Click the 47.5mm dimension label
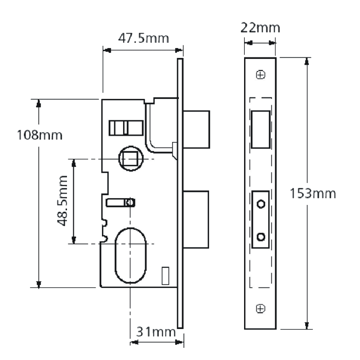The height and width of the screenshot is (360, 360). (144, 39)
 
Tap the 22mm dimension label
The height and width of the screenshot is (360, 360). (260, 28)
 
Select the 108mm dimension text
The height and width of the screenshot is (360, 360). (40, 135)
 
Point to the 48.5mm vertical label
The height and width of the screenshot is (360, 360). (62, 201)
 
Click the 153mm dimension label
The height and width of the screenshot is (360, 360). (313, 193)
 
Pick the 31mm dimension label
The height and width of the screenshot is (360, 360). (156, 332)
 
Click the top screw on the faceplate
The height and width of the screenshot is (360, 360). (261, 75)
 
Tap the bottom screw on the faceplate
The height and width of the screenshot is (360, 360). (261, 309)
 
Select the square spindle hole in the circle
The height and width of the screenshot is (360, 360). (130, 159)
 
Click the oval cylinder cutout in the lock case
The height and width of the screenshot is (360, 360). (130, 256)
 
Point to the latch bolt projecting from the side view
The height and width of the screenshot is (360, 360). (196, 130)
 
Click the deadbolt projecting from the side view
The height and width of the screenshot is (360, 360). (196, 220)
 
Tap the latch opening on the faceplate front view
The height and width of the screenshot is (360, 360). (261, 130)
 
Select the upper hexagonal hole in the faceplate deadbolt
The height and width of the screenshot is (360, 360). (261, 204)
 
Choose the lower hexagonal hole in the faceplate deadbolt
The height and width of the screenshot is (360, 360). (261, 237)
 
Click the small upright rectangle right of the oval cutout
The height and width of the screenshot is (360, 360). (165, 276)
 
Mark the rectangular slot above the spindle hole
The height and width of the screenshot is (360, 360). (126, 128)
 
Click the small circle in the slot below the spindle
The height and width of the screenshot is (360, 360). (130, 202)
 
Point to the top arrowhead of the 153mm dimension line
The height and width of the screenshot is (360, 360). (307, 61)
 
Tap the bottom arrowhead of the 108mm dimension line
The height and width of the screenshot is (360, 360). (39, 284)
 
